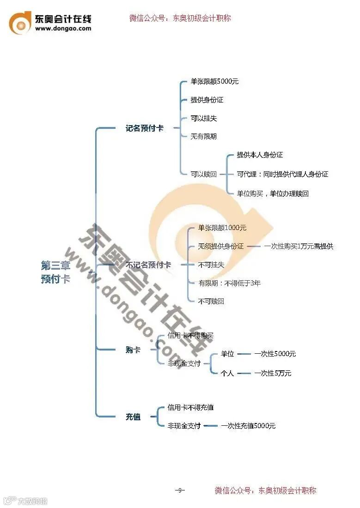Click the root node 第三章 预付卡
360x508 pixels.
tap(55, 272)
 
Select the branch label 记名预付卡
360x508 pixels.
tap(144, 128)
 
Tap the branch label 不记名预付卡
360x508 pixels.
tap(148, 265)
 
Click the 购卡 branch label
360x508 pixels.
tap(133, 350)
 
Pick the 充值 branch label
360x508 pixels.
tap(133, 417)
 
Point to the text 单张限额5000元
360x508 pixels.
tap(214, 82)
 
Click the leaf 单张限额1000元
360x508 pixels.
tap(222, 228)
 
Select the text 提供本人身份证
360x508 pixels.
tap(259, 155)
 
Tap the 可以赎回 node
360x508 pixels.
tap(203, 175)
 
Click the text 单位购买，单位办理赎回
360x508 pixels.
tap(272, 194)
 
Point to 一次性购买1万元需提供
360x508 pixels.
tap(298, 247)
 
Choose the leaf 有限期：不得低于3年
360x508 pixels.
tap(229, 283)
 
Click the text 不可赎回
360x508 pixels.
tap(211, 302)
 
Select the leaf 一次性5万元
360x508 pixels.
tap(273, 374)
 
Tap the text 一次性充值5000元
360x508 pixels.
tap(248, 426)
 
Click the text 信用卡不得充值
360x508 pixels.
tap(190, 408)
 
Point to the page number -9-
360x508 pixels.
tap(180, 490)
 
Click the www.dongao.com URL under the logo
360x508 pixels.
tap(63, 29)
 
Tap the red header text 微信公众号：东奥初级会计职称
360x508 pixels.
tap(180, 18)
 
